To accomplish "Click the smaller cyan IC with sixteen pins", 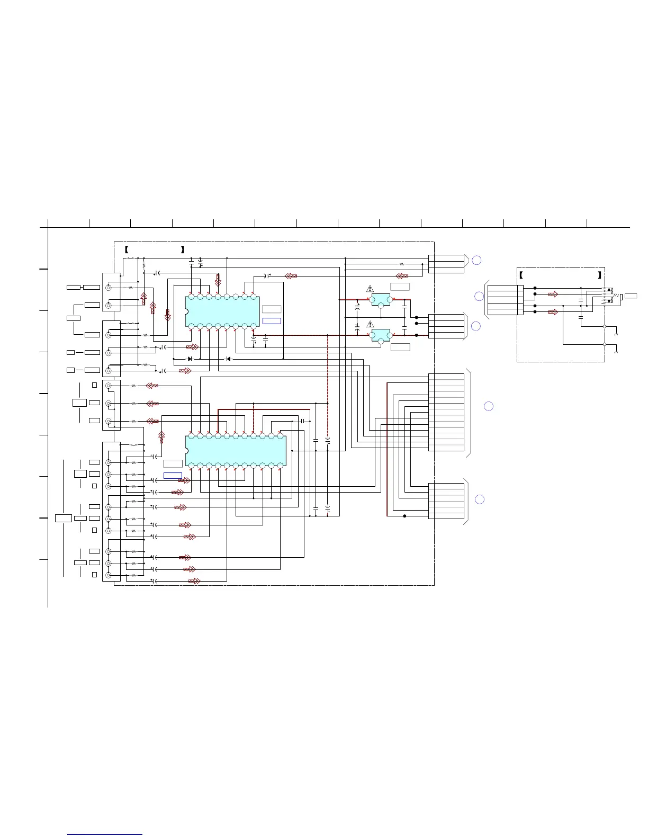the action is click(x=222, y=311).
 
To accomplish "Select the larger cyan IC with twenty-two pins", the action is click(x=236, y=451).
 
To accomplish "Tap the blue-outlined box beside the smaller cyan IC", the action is click(x=272, y=321).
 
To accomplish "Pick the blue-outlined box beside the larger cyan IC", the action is click(x=173, y=475).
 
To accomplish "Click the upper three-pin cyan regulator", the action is click(x=381, y=300).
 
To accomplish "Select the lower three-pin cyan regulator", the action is click(x=381, y=335).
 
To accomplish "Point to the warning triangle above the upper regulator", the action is click(x=370, y=289).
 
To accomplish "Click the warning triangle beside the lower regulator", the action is click(x=370, y=324).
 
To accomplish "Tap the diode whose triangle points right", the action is click(x=190, y=359).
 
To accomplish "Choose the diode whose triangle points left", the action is click(x=228, y=359).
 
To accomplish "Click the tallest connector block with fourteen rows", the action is click(x=446, y=412).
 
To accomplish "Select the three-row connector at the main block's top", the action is click(x=446, y=264).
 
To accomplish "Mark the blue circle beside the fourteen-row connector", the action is click(x=489, y=406).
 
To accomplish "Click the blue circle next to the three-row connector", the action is click(x=476, y=260).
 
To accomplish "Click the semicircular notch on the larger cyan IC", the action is click(x=187, y=451).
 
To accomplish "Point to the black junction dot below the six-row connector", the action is click(x=404, y=516).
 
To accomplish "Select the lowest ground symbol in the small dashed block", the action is click(x=616, y=352).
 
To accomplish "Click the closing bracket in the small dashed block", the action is click(x=599, y=275).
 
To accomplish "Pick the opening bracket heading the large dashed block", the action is click(x=127, y=249).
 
